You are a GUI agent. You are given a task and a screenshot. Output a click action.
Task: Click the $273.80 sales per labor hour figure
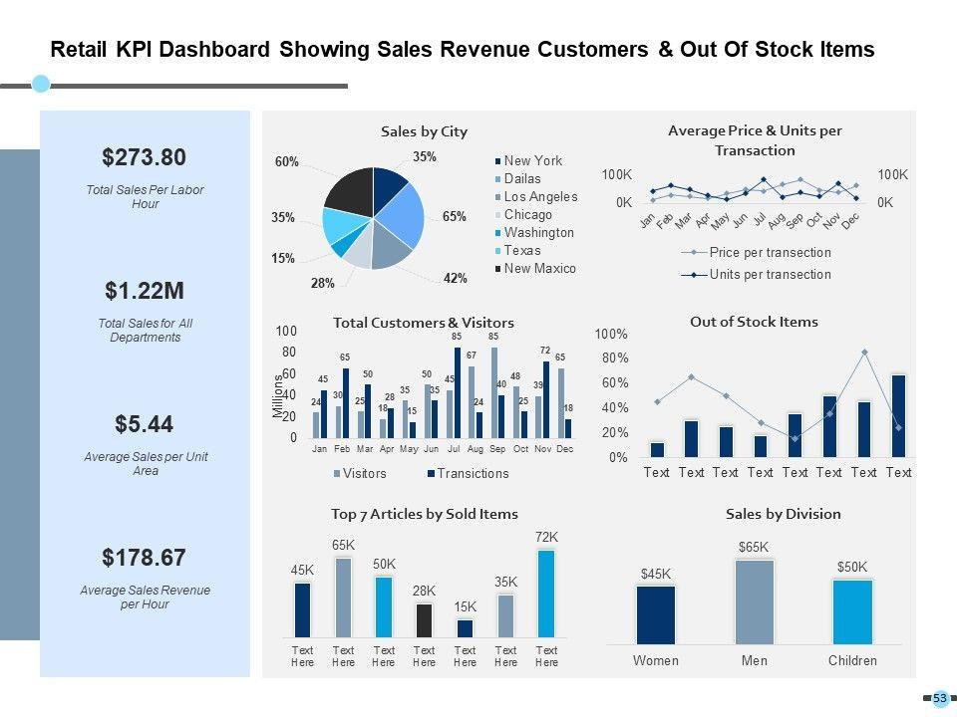coord(144,157)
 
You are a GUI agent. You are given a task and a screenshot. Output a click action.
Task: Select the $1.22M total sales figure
coord(145,291)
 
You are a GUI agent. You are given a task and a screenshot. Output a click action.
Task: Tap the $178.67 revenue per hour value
coord(145,557)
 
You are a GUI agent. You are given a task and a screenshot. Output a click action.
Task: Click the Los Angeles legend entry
coord(539,197)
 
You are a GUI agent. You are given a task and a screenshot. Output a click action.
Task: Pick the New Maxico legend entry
coord(539,269)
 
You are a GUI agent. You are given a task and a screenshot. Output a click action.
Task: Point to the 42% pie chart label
coord(456,279)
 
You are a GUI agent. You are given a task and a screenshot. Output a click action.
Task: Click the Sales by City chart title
coord(424,131)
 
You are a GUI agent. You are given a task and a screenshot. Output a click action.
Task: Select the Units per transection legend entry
coord(769,275)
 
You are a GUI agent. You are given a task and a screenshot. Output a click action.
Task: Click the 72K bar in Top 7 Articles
coord(546,594)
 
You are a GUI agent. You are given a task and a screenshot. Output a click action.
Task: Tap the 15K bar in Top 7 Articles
coord(465,627)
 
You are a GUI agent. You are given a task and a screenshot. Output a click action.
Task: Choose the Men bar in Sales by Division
coord(755,601)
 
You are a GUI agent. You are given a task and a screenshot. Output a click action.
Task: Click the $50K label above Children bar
coord(852,567)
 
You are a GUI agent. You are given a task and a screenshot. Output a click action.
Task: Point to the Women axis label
coord(656,661)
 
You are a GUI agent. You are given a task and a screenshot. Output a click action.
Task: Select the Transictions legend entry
coord(473,474)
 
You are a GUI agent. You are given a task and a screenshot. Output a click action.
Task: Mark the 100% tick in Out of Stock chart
coord(611,334)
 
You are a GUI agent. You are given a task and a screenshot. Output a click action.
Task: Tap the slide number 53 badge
coord(939,699)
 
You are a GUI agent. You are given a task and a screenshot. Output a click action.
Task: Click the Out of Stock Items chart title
coord(754,322)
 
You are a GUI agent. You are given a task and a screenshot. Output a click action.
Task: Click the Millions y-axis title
coord(279,396)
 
